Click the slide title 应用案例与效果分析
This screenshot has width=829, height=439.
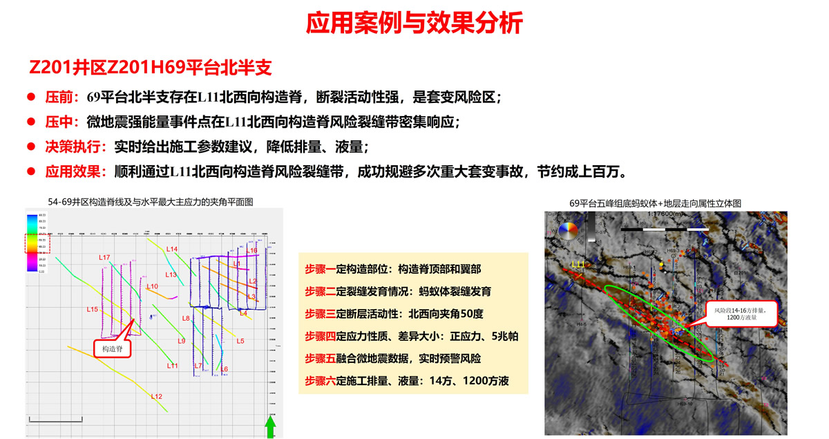tap(414, 24)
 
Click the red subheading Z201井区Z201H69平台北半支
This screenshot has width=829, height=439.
tap(151, 68)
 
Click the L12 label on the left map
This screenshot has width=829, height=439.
tap(157, 396)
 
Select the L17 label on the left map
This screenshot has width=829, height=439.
tap(104, 257)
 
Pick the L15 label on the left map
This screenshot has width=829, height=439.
tap(92, 309)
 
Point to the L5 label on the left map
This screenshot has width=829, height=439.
tap(240, 341)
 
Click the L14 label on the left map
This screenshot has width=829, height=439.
tap(173, 249)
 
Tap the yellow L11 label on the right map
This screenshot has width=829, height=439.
tap(579, 265)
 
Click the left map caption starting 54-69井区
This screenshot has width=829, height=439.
tap(151, 202)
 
